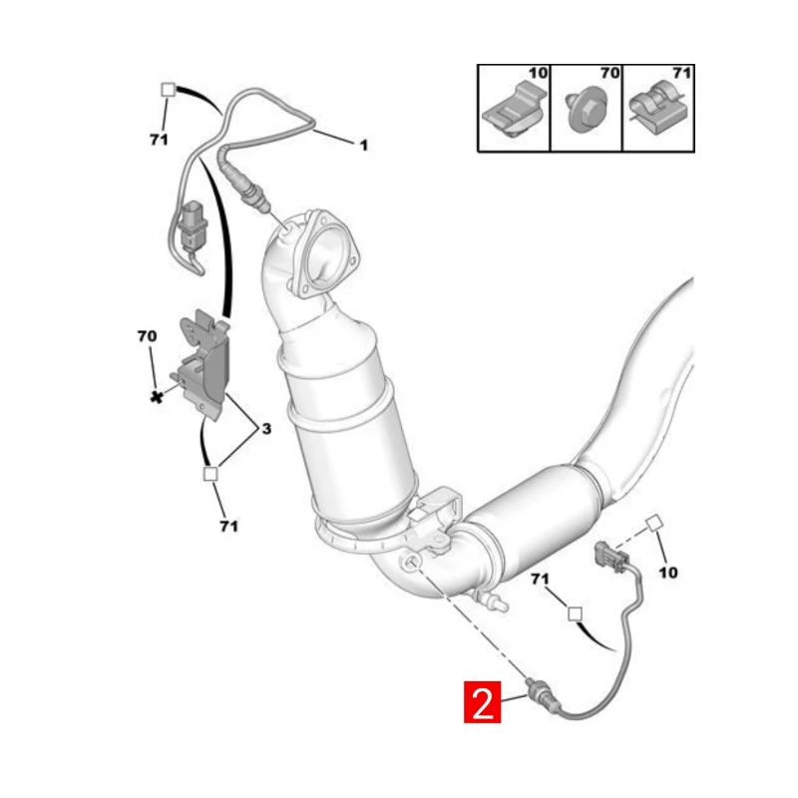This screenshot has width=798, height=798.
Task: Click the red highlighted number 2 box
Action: click(482, 702)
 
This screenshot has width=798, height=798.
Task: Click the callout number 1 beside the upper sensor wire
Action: click(363, 146)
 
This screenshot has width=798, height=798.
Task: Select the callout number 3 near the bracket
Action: click(266, 429)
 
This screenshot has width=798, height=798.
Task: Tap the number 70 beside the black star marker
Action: click(147, 336)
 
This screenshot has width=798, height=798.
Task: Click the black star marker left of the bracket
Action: click(157, 397)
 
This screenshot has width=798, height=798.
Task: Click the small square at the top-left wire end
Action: click(168, 90)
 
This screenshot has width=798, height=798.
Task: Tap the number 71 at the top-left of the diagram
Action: click(159, 139)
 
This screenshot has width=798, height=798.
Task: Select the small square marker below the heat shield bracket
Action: click(210, 474)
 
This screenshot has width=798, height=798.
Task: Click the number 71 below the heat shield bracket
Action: click(228, 526)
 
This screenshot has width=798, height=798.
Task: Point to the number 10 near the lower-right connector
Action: click(667, 573)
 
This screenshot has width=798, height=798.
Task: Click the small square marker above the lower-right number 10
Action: click(653, 523)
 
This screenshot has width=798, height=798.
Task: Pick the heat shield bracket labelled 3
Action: click(203, 363)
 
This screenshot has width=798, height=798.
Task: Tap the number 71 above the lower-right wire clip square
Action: click(540, 580)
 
